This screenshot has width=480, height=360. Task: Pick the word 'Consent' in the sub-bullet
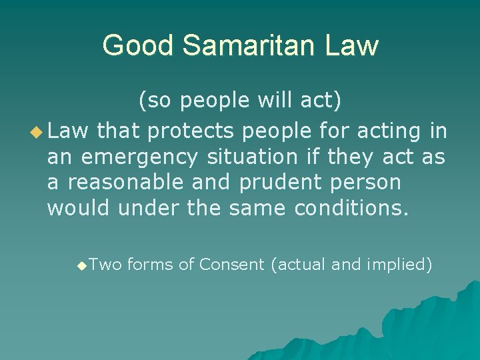click(231, 265)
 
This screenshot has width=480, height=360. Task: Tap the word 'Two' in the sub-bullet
click(105, 265)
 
